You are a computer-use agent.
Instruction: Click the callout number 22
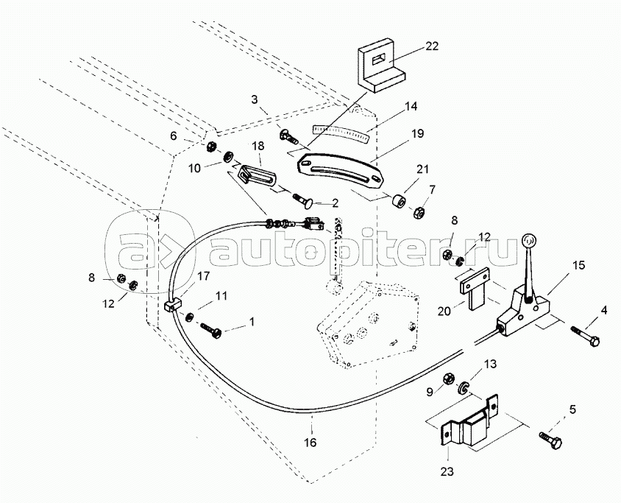pyautogui.click(x=432, y=46)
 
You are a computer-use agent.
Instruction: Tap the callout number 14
pyautogui.click(x=411, y=106)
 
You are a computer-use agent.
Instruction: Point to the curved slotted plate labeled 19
pyautogui.click(x=341, y=170)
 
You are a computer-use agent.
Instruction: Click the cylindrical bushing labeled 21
pyautogui.click(x=399, y=201)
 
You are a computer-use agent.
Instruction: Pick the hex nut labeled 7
pyautogui.click(x=419, y=213)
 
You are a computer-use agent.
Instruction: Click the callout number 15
pyautogui.click(x=579, y=265)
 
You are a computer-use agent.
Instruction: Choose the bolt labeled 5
pyautogui.click(x=552, y=440)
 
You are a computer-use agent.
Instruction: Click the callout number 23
pyautogui.click(x=447, y=471)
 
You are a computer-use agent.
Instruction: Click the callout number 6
pyautogui.click(x=173, y=136)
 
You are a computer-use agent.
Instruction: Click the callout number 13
pyautogui.click(x=490, y=364)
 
